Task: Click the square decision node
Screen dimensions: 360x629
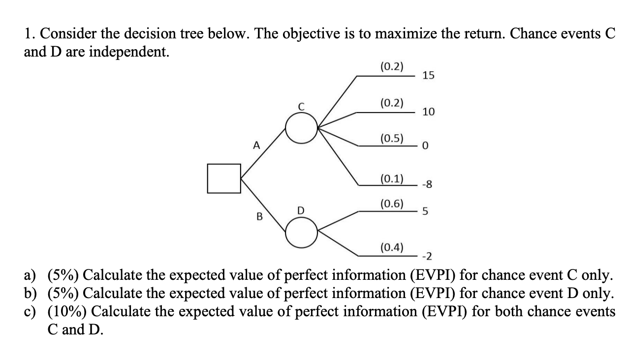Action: [224, 178]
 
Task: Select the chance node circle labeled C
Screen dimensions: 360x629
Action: [302, 129]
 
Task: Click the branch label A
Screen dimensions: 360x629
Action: [255, 145]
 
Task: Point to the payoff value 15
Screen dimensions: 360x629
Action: [428, 75]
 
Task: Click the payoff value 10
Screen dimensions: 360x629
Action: [428, 112]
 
